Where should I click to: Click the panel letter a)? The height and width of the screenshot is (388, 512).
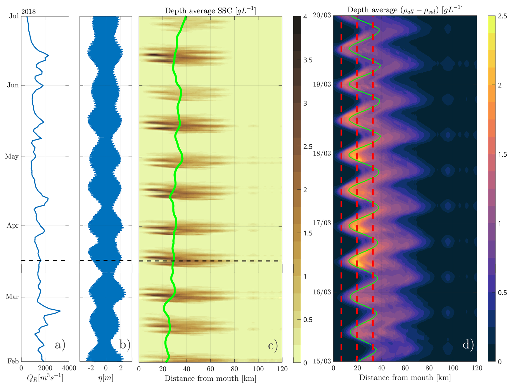[60, 345]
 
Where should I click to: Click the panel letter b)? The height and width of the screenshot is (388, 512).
[125, 345]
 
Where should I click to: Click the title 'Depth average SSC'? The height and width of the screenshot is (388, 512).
[210, 11]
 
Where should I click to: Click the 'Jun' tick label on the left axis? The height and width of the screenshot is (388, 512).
[13, 85]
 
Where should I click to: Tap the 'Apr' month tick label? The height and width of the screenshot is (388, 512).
[13, 225]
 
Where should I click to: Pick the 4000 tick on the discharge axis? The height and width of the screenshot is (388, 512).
[69, 368]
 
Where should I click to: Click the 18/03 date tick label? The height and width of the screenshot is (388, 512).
[322, 154]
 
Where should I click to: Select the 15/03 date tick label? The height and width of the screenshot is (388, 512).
[322, 361]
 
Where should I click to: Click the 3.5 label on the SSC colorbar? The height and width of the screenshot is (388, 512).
[308, 60]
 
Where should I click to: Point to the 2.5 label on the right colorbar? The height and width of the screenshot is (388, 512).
[502, 16]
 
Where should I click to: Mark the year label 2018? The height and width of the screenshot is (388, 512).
[28, 12]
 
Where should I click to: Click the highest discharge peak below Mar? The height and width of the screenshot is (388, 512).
[60, 311]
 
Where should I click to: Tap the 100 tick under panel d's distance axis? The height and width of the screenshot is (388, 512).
[453, 368]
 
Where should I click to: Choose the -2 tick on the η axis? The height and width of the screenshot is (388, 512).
[91, 368]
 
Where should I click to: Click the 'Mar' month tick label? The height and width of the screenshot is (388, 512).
[12, 297]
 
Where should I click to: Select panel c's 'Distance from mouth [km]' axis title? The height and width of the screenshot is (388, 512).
[210, 378]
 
